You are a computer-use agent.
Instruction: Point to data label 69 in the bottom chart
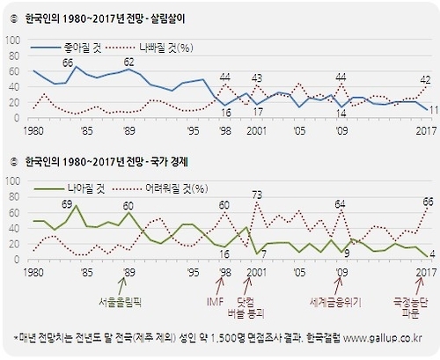pos(67,203)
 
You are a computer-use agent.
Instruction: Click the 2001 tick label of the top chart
pos(257,134)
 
